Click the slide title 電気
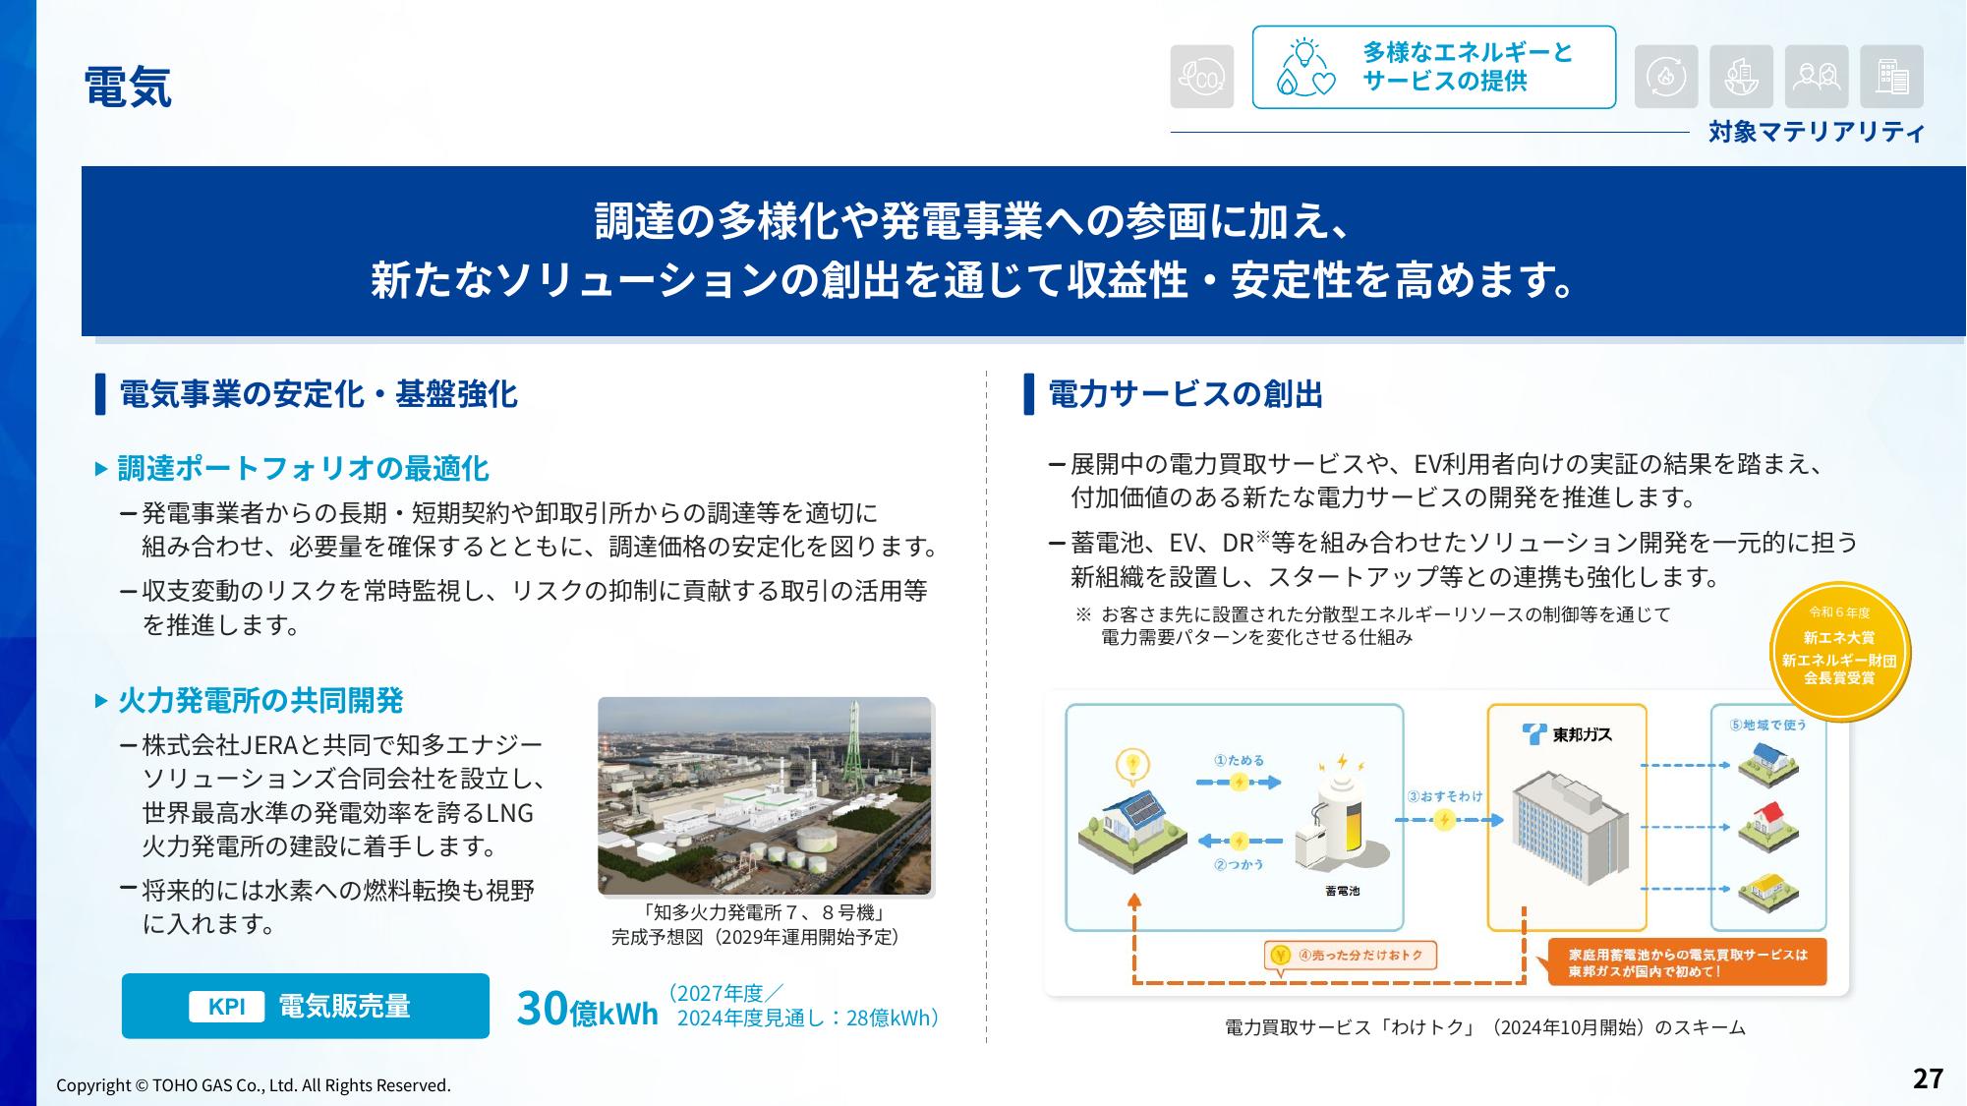click(128, 87)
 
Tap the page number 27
click(1928, 1078)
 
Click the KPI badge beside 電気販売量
click(227, 1006)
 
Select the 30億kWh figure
click(587, 1009)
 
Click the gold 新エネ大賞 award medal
click(1839, 652)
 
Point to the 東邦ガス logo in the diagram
click(1567, 733)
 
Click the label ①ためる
click(1239, 760)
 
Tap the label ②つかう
click(1239, 864)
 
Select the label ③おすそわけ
click(1444, 795)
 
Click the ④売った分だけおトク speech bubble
click(1351, 956)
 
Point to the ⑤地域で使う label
click(1767, 725)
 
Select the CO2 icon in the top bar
click(1201, 77)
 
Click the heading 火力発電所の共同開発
click(260, 700)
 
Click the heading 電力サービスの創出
click(1186, 394)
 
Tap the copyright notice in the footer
click(254, 1085)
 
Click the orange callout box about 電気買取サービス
click(1687, 962)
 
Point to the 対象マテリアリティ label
click(1816, 132)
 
